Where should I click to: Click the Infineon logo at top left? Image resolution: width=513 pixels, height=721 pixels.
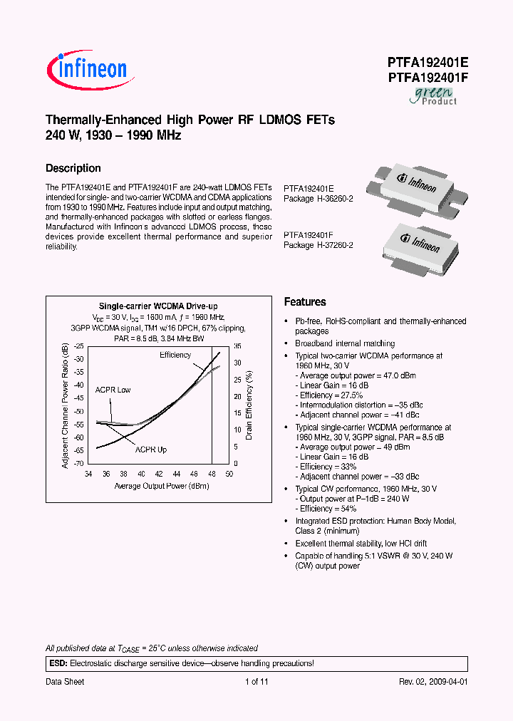pyautogui.click(x=87, y=69)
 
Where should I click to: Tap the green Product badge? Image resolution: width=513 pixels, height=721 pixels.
pyautogui.click(x=432, y=96)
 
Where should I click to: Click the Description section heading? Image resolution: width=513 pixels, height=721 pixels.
pyautogui.click(x=73, y=169)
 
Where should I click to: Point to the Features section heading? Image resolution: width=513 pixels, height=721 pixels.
pyautogui.click(x=305, y=302)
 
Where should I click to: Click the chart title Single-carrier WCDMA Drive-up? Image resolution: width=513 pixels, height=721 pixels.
pyautogui.click(x=157, y=305)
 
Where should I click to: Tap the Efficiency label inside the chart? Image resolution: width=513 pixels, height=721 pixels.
pyautogui.click(x=175, y=355)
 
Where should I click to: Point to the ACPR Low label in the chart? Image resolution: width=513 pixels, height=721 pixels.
pyautogui.click(x=113, y=390)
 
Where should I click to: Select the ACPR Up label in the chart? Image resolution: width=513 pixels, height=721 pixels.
pyautogui.click(x=151, y=450)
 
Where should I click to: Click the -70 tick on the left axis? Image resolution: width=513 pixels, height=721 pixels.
pyautogui.click(x=78, y=464)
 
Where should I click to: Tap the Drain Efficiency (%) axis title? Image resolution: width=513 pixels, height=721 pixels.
pyautogui.click(x=249, y=403)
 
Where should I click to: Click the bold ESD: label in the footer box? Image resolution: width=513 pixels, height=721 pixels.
pyautogui.click(x=57, y=663)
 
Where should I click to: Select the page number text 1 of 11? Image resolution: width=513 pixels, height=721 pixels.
pyautogui.click(x=256, y=682)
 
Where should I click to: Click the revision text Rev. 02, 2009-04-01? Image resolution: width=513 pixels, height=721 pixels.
pyautogui.click(x=432, y=682)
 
